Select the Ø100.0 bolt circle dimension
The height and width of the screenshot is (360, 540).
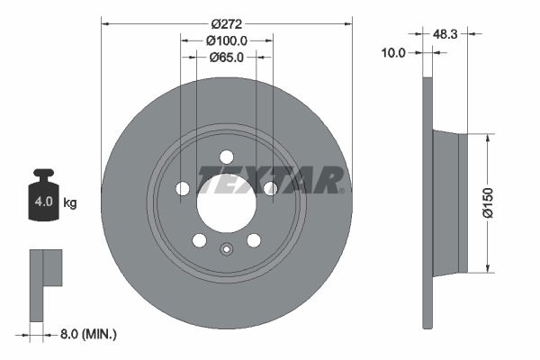point(226,40)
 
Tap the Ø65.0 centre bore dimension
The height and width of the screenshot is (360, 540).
point(226,58)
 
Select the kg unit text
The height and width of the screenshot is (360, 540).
point(70,202)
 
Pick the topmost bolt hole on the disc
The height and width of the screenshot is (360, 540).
point(226,156)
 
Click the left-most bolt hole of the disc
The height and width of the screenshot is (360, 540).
point(183,188)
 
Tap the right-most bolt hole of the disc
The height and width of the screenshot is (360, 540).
point(269,188)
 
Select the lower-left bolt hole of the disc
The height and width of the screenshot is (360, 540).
point(199,239)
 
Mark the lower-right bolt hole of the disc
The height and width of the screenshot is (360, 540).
point(253,239)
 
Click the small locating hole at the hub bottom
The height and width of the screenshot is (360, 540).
point(226,250)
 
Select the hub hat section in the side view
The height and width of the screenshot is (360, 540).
point(450,202)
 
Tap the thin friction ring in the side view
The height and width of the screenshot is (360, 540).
point(427,202)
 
